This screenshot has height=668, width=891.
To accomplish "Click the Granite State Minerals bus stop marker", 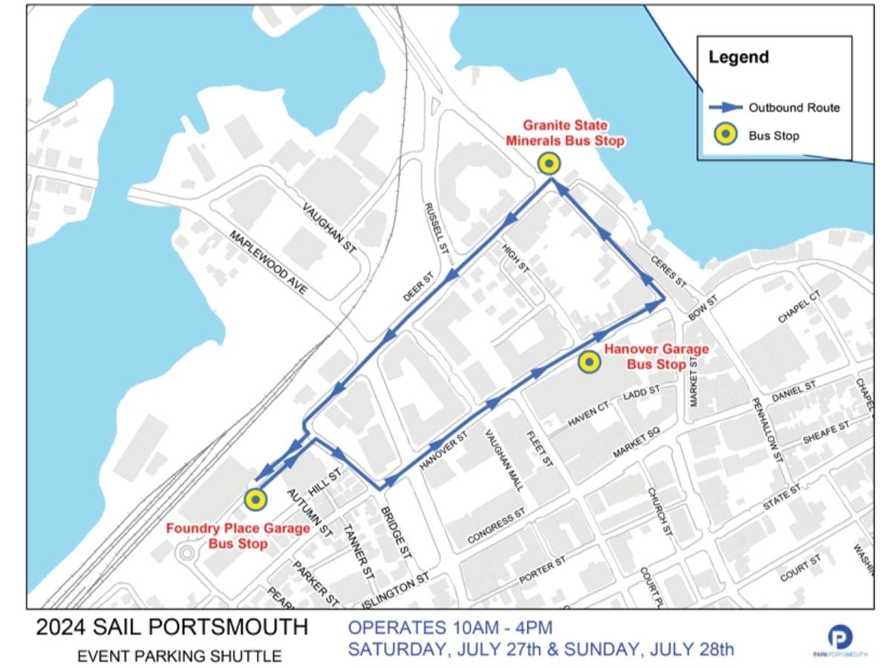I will (x=549, y=163).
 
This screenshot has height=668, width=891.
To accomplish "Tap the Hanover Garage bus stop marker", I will (x=589, y=362).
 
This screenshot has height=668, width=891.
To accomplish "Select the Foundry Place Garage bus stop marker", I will (x=256, y=500).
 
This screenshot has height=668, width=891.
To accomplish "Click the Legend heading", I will (x=738, y=57).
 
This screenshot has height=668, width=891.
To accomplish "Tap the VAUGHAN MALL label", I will (x=505, y=459).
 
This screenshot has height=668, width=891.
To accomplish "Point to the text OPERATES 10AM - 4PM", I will (x=451, y=628).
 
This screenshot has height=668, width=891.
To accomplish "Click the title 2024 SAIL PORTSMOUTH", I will (x=172, y=627).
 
